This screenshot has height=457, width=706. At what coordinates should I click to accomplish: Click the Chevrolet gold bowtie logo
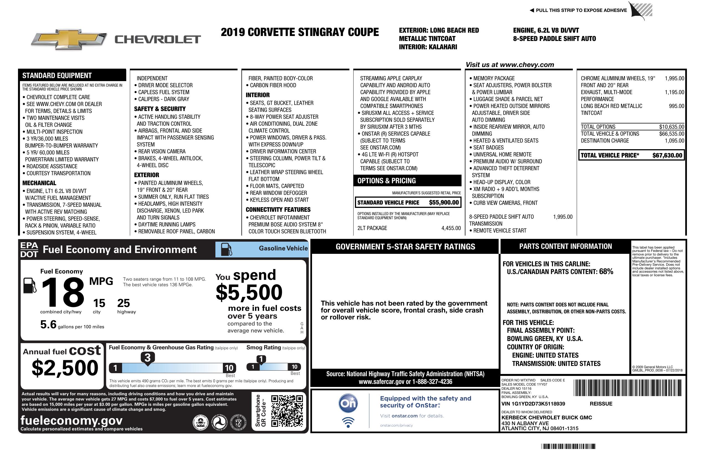(69, 39)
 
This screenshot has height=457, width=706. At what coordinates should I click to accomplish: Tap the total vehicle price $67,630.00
(667, 155)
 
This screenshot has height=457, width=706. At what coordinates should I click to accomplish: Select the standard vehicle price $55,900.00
(444, 203)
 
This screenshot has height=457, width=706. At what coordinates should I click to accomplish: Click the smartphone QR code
(287, 411)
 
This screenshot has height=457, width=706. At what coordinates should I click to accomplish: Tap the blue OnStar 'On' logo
(348, 403)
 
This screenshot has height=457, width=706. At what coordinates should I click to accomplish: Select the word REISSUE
(601, 404)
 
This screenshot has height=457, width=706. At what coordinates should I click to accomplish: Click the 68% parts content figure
(606, 271)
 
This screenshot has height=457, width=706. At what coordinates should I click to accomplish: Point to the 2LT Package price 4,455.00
(451, 228)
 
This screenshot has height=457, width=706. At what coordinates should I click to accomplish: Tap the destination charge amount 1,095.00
(674, 141)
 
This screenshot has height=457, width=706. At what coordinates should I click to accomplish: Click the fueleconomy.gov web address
(71, 420)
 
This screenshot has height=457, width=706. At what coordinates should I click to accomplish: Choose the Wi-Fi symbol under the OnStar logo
(348, 422)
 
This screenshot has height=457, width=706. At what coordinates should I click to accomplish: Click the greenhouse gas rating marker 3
(147, 358)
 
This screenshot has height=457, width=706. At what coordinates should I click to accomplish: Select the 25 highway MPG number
(123, 303)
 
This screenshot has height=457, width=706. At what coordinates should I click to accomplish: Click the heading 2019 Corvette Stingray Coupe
(300, 32)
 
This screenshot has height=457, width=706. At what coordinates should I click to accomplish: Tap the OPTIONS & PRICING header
(387, 180)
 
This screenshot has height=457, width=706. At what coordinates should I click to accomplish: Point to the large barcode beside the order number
(627, 388)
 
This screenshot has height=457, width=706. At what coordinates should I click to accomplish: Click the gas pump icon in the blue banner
(226, 249)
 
